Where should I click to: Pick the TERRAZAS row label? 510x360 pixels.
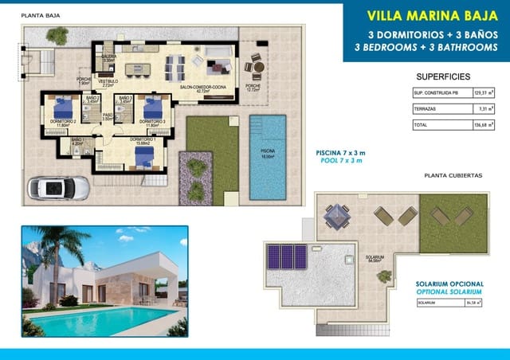coord(424,109)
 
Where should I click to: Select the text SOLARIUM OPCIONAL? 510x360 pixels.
coord(449,284)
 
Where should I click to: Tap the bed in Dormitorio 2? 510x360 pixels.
coord(64,107)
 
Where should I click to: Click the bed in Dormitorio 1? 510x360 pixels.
coord(143,157)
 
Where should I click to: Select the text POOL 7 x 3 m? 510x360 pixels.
coord(339,160)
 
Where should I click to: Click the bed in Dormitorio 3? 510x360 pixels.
coord(151,107)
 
